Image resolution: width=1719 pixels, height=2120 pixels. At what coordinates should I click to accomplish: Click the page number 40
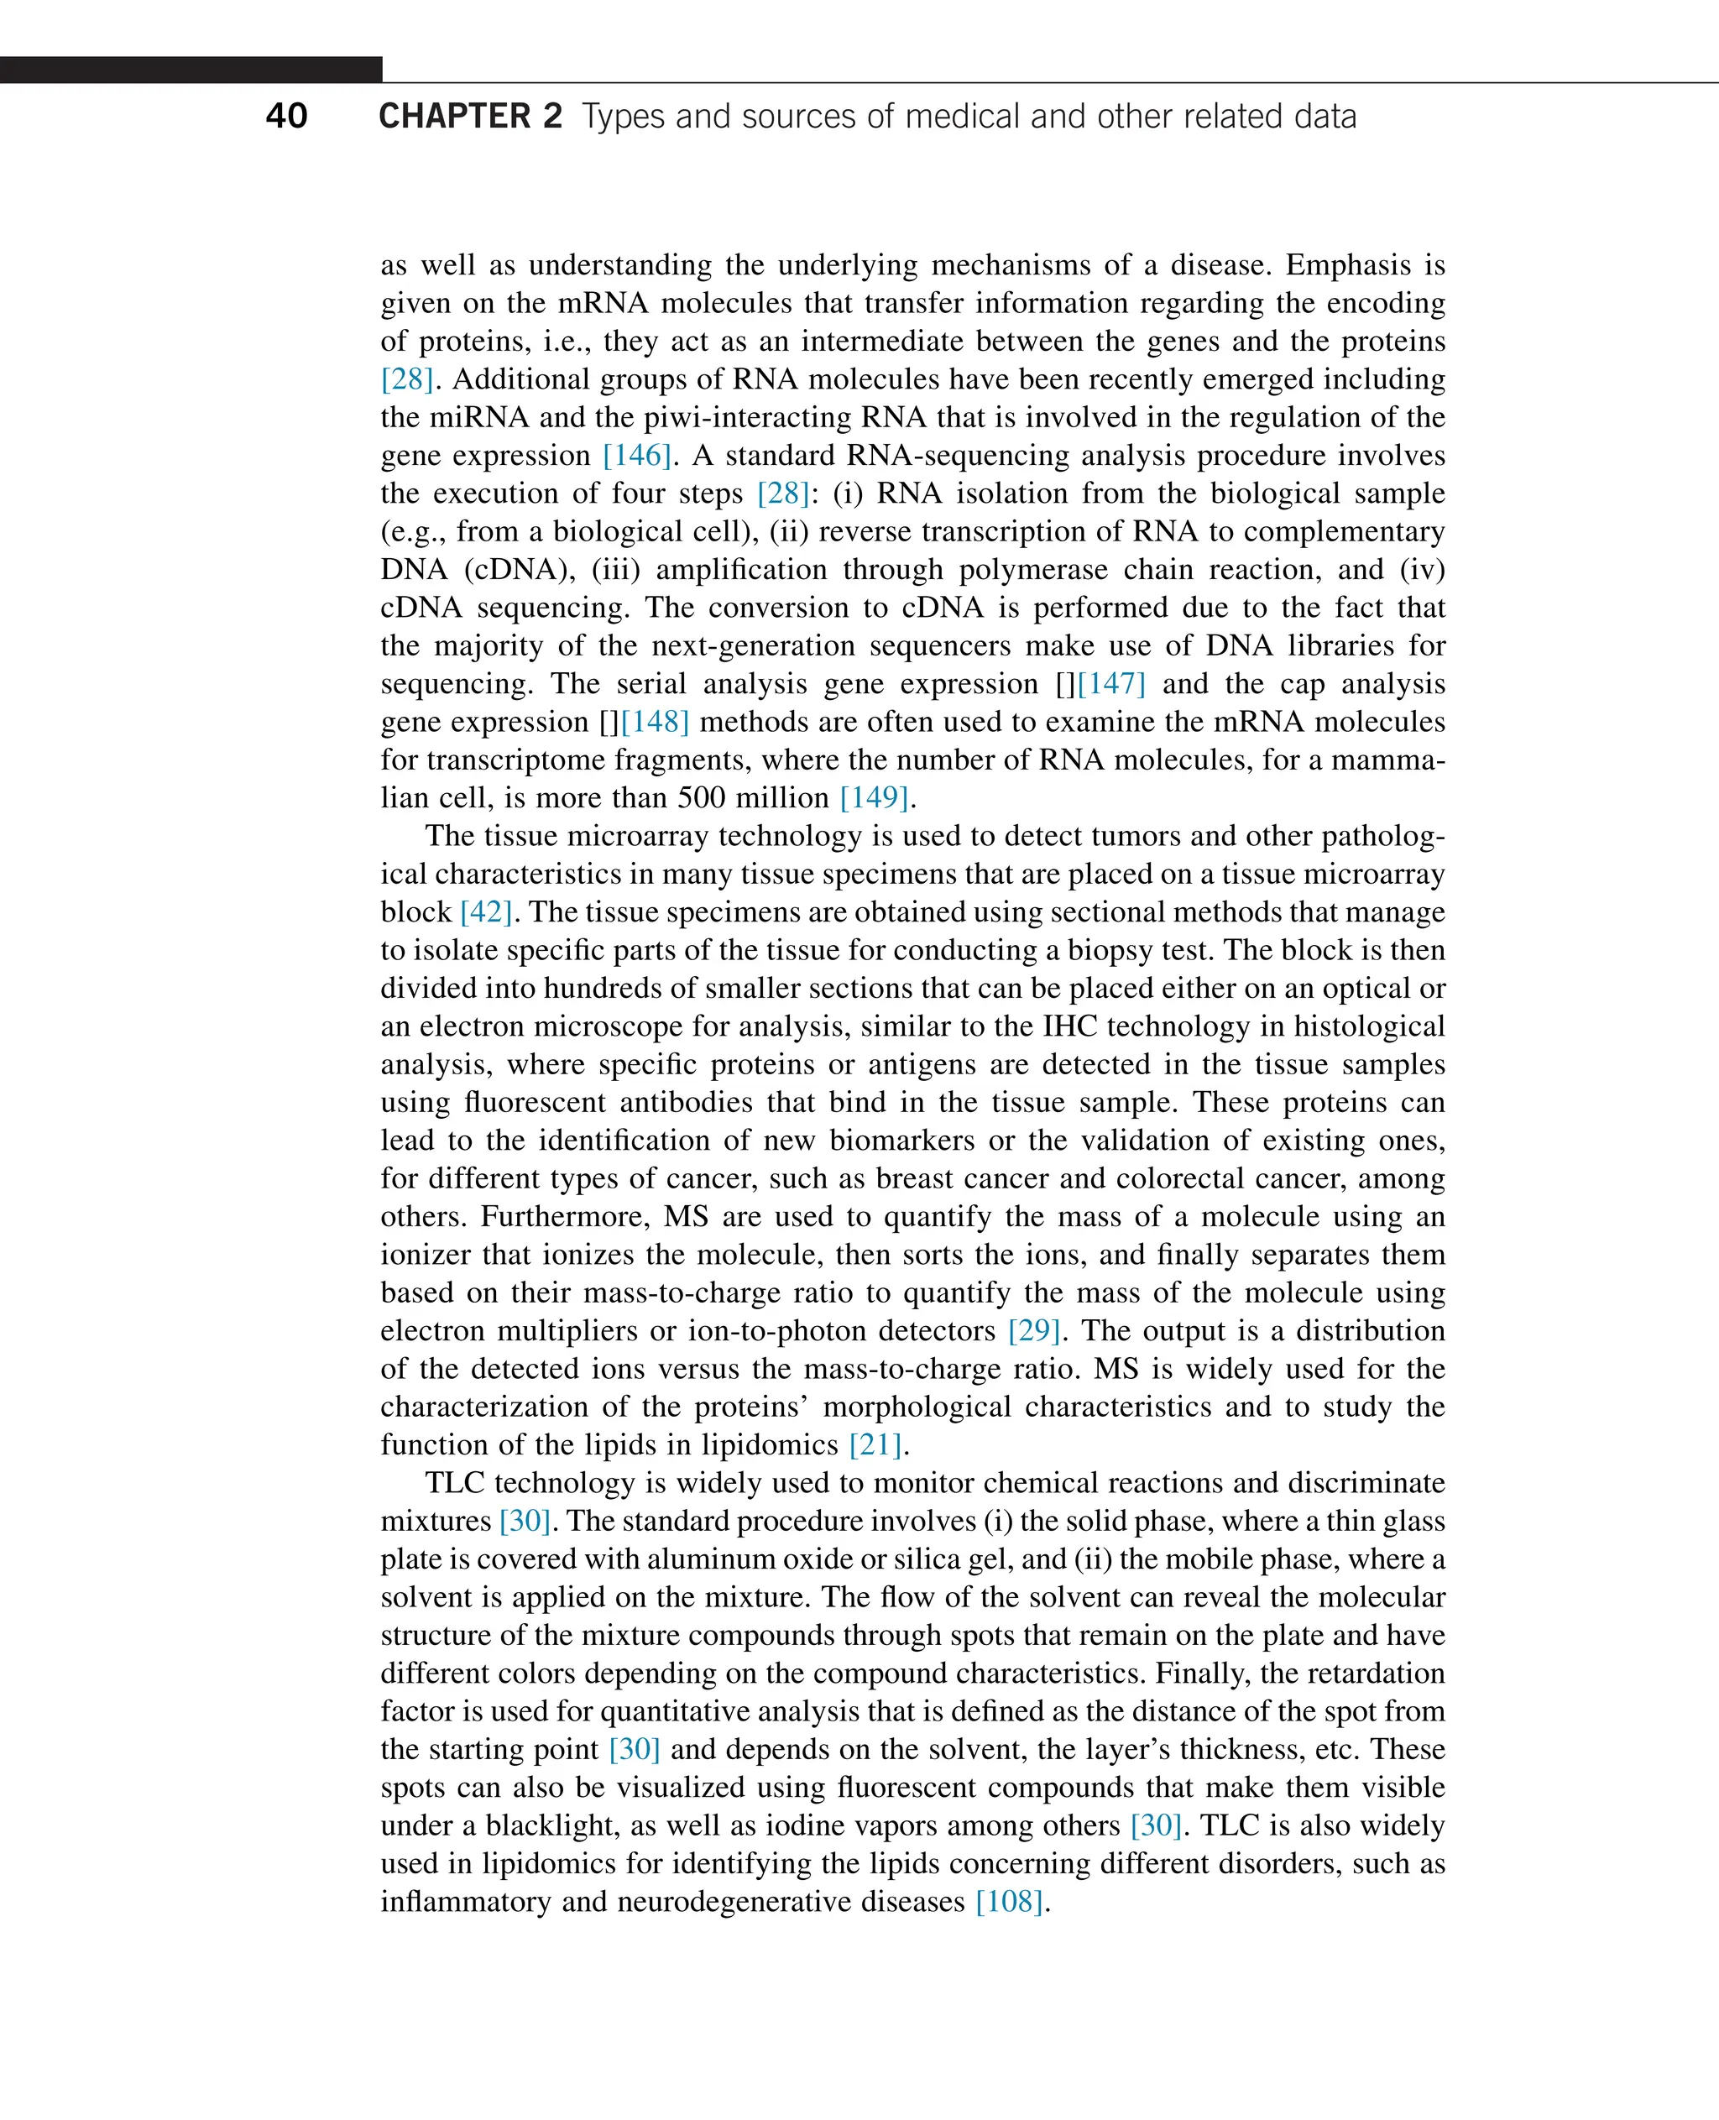point(286,116)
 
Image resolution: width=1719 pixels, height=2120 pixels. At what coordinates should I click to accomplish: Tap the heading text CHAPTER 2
point(470,116)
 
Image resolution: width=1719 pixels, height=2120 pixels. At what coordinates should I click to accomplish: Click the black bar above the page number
point(191,70)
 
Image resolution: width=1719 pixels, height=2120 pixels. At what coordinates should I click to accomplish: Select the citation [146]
point(637,456)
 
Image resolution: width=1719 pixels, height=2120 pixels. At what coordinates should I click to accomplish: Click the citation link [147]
point(1111,683)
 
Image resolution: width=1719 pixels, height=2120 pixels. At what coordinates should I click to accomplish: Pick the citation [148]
point(655,722)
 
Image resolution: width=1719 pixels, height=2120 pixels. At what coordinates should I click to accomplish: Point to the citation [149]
point(875,798)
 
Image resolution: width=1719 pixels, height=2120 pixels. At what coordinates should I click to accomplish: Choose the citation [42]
point(486,912)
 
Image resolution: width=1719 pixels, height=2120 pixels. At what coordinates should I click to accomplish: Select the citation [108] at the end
point(1009,1902)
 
